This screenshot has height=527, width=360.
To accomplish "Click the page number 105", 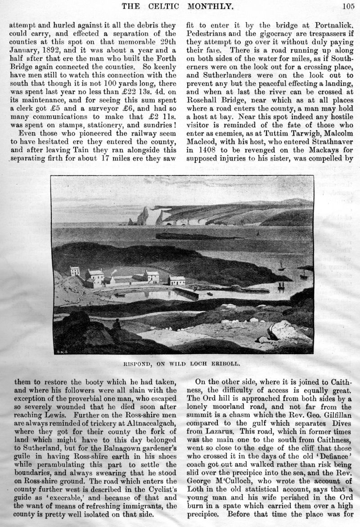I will [x=348, y=6].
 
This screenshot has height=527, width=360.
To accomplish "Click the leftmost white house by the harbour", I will [x=75, y=271].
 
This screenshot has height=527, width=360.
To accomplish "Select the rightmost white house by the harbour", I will [x=176, y=280].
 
